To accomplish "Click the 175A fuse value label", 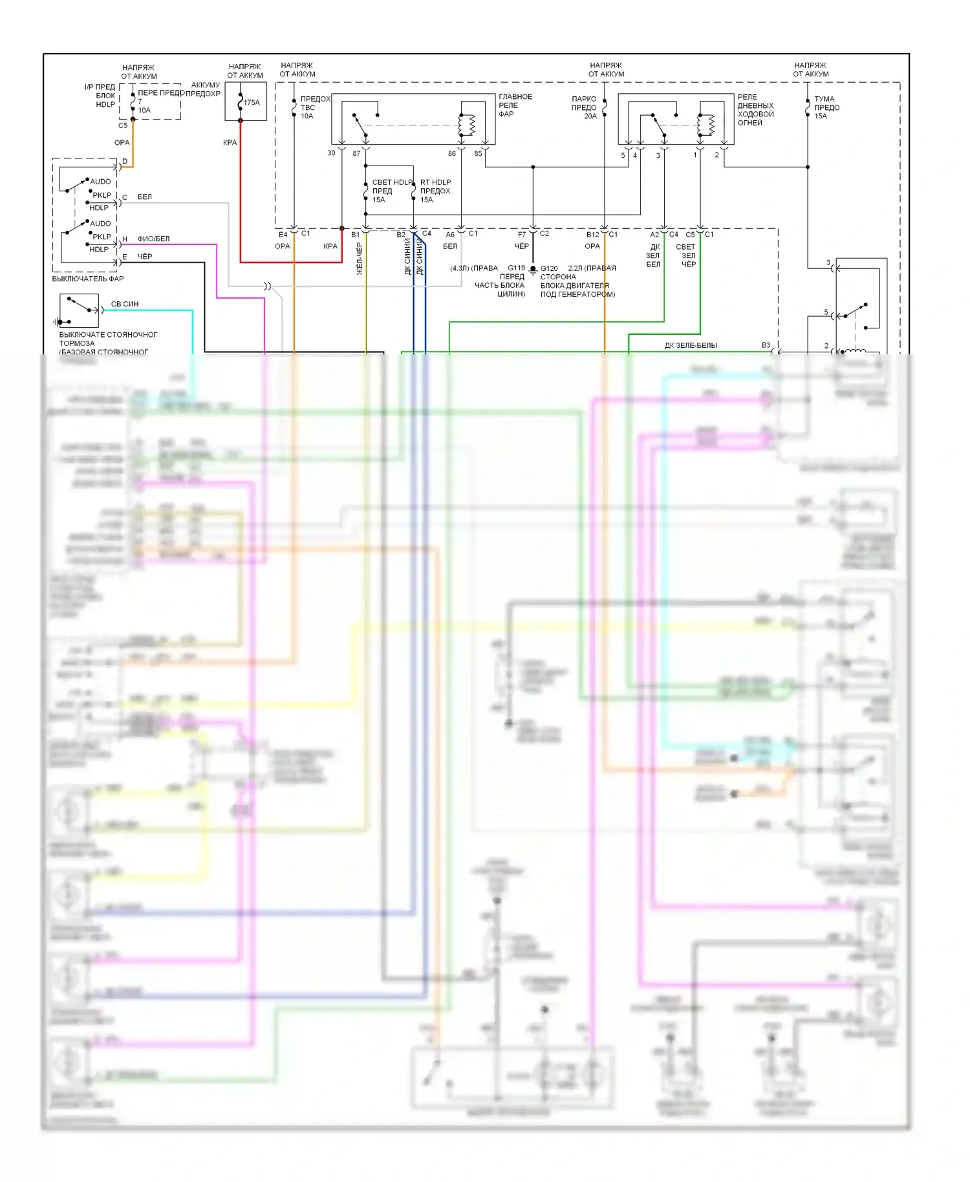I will pyautogui.click(x=252, y=102).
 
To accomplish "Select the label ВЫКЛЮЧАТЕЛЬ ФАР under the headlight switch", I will pyautogui.click(x=88, y=279).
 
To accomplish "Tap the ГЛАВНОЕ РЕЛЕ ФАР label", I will pyautogui.click(x=515, y=105).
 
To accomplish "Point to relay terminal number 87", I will pyautogui.click(x=356, y=154).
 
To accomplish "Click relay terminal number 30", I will pyautogui.click(x=331, y=153).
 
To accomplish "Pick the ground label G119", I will pyautogui.click(x=516, y=268).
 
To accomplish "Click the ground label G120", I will pyautogui.click(x=549, y=268).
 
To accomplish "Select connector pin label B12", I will pyautogui.click(x=592, y=235).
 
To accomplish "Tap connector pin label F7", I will pyautogui.click(x=522, y=235).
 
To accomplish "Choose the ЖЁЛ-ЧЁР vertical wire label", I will pyautogui.click(x=360, y=259).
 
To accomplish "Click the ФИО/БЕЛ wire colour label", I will pyautogui.click(x=153, y=239).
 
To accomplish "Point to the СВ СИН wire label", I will pyautogui.click(x=125, y=304).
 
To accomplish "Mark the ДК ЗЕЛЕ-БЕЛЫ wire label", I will pyautogui.click(x=691, y=345).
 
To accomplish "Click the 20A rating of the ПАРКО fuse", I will pyautogui.click(x=590, y=116).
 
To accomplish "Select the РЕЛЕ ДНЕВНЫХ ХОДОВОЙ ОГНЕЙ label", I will pyautogui.click(x=755, y=110).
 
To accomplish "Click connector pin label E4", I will pyautogui.click(x=283, y=235).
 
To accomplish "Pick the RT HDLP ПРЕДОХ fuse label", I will pyautogui.click(x=435, y=191).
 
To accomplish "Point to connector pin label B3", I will pyautogui.click(x=766, y=345).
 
